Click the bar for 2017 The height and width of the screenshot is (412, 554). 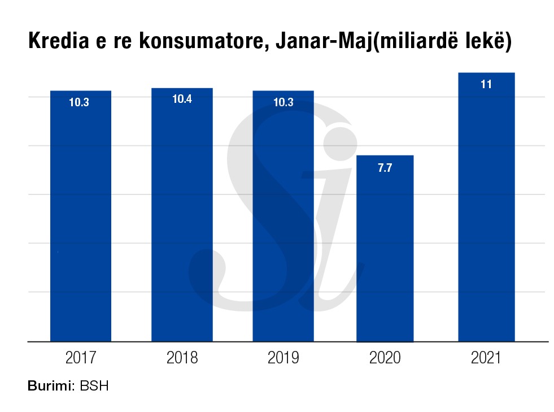(81, 220)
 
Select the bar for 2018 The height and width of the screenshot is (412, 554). (182, 220)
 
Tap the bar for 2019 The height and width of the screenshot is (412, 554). (283, 220)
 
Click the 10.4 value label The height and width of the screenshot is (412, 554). (182, 99)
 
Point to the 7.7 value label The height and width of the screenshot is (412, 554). (385, 168)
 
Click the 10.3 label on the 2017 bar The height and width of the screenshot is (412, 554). (80, 103)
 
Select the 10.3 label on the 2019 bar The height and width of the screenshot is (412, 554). (283, 103)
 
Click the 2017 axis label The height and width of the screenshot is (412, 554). (81, 358)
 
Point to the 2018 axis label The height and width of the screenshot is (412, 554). (182, 358)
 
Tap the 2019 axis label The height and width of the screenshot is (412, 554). (283, 358)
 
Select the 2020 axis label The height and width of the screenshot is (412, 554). (385, 358)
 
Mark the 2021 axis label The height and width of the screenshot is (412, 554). (486, 358)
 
